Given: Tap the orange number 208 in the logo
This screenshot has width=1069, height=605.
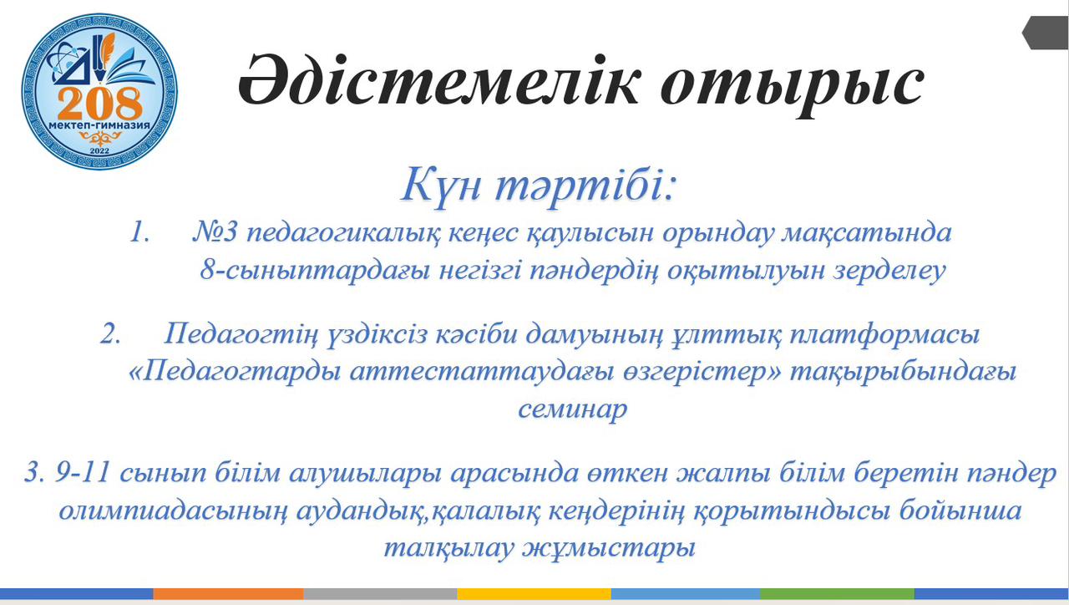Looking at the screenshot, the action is tap(99, 103).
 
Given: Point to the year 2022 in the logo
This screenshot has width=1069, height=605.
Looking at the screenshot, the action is tap(99, 151).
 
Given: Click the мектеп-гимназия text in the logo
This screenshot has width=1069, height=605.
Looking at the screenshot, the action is tap(99, 125).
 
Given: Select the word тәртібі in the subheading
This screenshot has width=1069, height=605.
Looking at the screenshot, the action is tap(586, 185).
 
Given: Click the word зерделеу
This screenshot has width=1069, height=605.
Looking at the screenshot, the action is tap(889, 272).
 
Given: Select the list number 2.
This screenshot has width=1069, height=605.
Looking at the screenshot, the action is tap(110, 333).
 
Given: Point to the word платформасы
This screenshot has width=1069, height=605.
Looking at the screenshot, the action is tap(884, 334).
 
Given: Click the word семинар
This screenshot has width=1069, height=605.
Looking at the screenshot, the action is tap(572, 409).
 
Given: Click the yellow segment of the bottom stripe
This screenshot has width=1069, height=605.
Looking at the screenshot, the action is tap(534, 593).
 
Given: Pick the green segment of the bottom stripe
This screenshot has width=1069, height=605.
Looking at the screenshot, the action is tap(837, 593).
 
